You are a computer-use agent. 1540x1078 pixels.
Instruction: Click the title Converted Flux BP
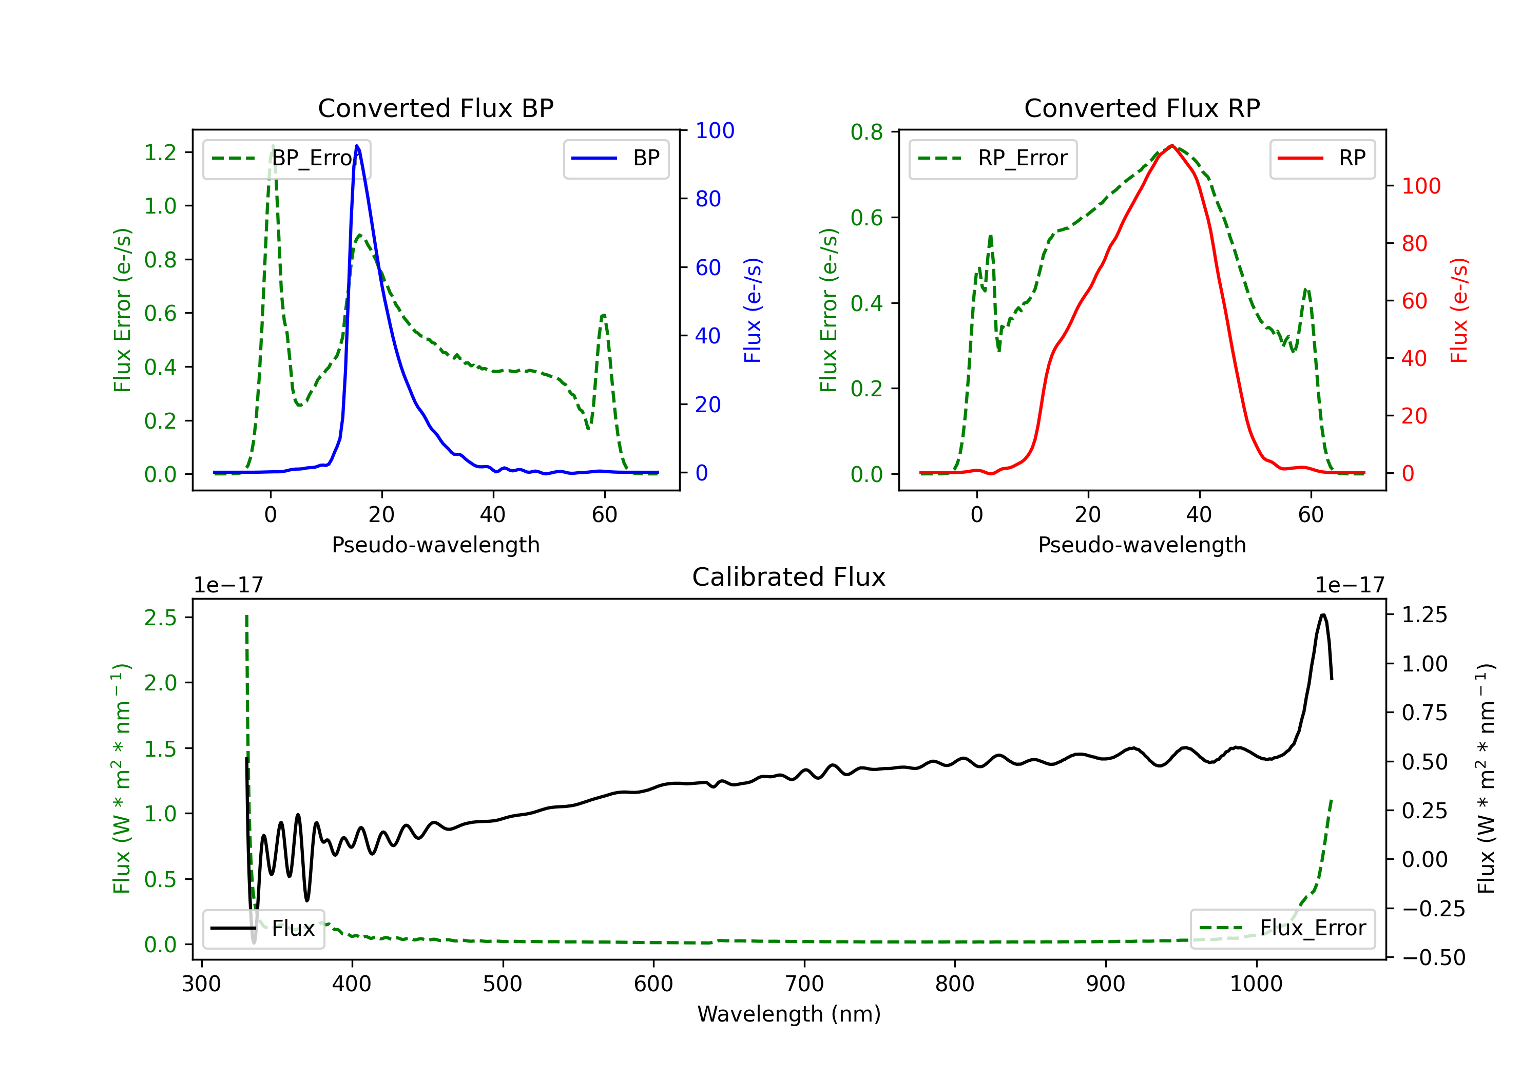435,108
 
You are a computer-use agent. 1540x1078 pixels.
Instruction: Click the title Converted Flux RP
1142,108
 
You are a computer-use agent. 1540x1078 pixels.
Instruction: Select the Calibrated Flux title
789,577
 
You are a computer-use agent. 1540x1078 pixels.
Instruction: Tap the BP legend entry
615,158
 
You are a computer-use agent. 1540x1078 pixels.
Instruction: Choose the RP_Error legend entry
993,158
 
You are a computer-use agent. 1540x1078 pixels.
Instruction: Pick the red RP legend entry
1322,158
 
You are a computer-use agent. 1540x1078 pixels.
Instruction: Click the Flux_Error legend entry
1282,929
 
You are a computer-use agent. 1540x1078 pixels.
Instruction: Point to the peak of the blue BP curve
357,146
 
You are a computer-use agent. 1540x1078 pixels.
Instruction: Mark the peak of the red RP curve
1171,146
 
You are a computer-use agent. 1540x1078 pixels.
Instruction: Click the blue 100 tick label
715,130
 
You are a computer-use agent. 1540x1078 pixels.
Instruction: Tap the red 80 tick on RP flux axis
1415,243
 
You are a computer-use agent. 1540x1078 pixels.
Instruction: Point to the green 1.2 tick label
160,152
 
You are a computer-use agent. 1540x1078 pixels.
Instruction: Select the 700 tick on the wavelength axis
804,984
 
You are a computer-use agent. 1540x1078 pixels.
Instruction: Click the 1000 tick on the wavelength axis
1256,984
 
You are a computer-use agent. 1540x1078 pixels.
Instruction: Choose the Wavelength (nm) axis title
789,1014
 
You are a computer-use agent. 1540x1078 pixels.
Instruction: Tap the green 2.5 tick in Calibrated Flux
160,617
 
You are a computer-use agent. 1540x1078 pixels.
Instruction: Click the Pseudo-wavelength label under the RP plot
1142,545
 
